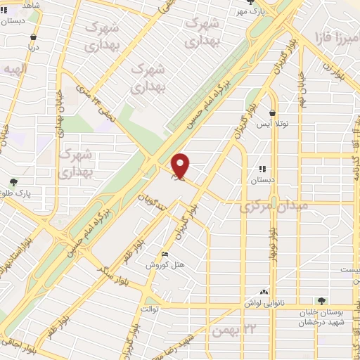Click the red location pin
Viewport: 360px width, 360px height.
pos(181,166)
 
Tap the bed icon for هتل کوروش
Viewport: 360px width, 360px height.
pos(165,254)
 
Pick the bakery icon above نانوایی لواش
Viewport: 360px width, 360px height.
pos(264,290)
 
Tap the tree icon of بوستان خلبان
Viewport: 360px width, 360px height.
pos(321,301)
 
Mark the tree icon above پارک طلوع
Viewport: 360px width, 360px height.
pos(13,182)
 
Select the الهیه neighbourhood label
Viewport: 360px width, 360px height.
pos(15,70)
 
